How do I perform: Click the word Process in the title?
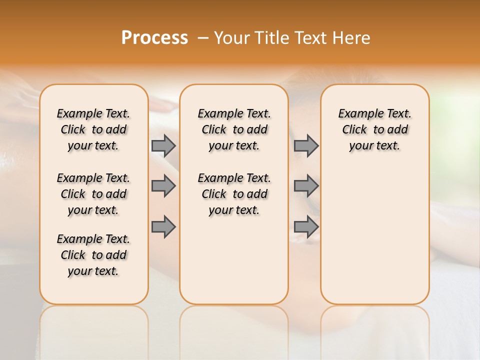coord(154,38)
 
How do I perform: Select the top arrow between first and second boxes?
coord(163,145)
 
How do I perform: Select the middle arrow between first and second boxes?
coord(163,186)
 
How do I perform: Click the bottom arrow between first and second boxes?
coord(163,226)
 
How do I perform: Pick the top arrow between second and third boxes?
coord(306,145)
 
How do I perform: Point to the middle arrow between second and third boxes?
coord(306,186)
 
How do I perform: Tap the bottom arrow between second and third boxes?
coord(306,226)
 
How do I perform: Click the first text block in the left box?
coord(93,129)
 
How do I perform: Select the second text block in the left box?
coord(93,194)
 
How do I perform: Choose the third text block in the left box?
coord(93,255)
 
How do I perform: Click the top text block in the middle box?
coord(234,129)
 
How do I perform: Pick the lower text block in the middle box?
coord(234,194)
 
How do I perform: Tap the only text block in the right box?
coord(374,129)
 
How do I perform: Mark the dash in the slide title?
coord(202,38)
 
